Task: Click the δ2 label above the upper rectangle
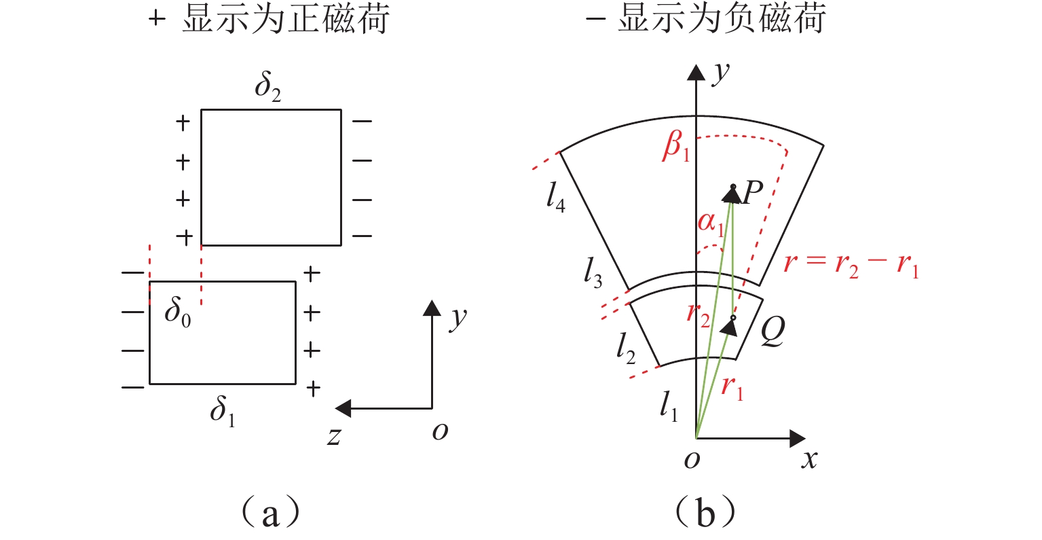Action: [267, 88]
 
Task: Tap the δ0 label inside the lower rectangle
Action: [178, 313]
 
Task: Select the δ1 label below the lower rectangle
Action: [223, 412]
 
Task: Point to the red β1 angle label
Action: [675, 147]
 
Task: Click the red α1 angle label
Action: [711, 224]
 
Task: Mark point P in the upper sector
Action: [733, 187]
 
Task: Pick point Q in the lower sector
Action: [733, 317]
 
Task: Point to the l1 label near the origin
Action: [669, 408]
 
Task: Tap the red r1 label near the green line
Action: [732, 388]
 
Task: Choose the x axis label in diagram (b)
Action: [809, 460]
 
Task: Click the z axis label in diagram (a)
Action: [333, 435]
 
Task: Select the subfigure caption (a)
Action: [270, 514]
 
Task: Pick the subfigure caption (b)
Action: [706, 514]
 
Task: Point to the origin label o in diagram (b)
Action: [692, 460]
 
